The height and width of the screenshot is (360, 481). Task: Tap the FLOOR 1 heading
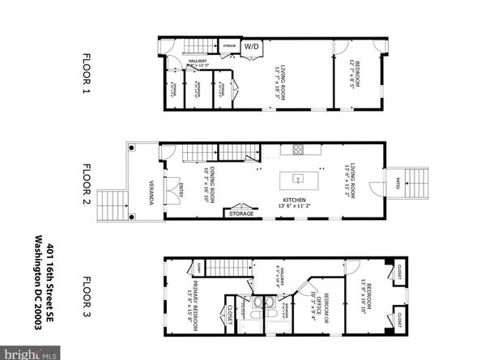point(87,74)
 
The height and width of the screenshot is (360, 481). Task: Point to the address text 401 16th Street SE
point(52,287)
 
